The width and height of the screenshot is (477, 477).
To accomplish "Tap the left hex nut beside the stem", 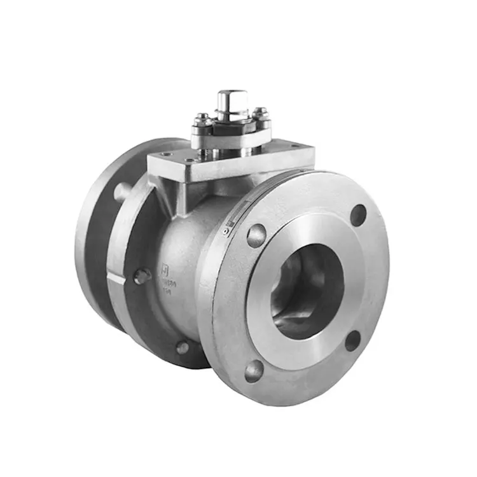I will (202, 118).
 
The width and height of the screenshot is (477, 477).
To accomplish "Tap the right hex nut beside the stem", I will (260, 116).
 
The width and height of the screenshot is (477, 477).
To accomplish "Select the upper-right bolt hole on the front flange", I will (359, 215).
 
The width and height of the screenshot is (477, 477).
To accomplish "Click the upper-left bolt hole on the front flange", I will (256, 235).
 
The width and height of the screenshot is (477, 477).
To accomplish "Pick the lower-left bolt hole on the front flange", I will (254, 371).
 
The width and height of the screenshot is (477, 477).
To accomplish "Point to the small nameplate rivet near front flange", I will (225, 232).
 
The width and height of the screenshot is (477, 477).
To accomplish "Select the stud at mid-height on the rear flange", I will (142, 277).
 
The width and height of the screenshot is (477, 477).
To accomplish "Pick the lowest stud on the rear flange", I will (183, 347).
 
